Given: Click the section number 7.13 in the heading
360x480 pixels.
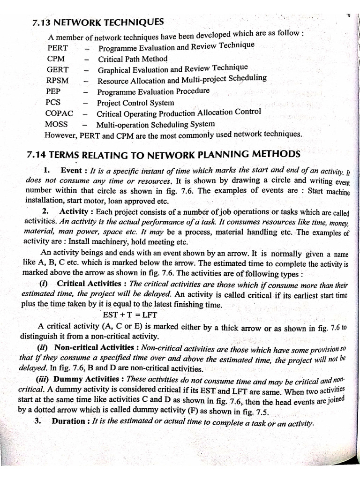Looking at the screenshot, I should [42, 22].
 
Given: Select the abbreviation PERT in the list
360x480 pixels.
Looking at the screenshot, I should [57, 48].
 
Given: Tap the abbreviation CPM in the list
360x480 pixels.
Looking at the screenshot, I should [56, 59].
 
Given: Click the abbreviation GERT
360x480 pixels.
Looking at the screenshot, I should [57, 69].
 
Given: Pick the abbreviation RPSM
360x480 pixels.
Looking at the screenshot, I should [58, 80].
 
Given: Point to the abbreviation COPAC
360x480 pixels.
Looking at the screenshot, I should [59, 113].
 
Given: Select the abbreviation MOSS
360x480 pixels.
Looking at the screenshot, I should [56, 124].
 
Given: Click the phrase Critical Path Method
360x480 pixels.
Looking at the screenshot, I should [133, 59].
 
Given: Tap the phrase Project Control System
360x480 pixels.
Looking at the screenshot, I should [135, 103].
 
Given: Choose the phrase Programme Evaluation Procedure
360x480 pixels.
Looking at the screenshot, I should [153, 91].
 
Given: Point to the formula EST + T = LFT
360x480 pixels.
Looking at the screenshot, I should [131, 314].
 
